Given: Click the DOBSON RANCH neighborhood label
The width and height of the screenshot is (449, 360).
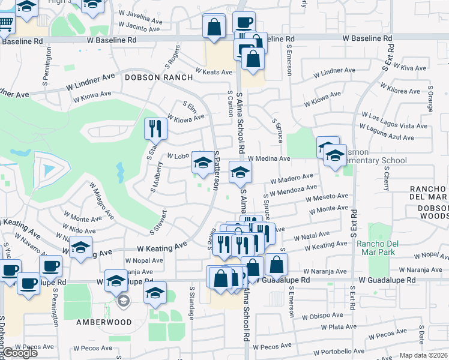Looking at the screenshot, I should [158, 77].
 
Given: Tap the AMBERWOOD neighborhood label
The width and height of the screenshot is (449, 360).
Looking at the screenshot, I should [104, 322].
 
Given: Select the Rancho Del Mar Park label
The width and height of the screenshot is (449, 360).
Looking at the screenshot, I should [385, 248].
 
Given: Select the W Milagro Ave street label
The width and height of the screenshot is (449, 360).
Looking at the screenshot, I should [101, 200].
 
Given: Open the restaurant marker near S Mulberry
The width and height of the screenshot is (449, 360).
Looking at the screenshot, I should [154, 128].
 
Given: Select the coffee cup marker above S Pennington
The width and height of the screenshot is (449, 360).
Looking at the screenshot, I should [50, 266].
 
